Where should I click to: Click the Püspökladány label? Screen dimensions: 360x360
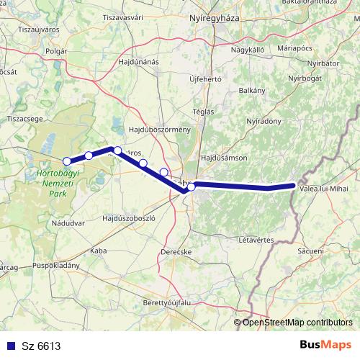(x=60, y=265)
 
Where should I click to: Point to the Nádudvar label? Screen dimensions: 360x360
(x=68, y=224)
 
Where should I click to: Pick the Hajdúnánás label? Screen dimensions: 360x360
(x=138, y=62)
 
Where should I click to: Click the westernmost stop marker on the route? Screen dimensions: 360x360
(x=67, y=161)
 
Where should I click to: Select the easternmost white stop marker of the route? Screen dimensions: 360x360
(x=192, y=186)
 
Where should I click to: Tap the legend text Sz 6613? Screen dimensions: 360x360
(x=41, y=346)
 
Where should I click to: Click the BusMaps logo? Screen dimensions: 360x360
(x=325, y=345)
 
